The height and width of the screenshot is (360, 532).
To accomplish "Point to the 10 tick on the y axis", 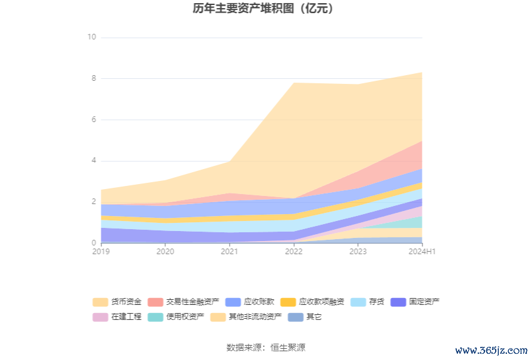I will point(91,37).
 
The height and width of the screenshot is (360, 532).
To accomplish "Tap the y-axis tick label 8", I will point(93,78).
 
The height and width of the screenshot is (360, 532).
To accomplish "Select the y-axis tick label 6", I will point(93,120).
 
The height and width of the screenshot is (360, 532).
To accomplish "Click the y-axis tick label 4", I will point(93,161).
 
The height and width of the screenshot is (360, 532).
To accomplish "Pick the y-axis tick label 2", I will point(93,202).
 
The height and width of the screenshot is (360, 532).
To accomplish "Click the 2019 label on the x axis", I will point(101,252).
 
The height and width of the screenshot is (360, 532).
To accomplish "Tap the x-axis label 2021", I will point(229,252).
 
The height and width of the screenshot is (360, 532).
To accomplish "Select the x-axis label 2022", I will point(294,252).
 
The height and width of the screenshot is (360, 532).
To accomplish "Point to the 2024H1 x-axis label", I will point(422,252).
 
